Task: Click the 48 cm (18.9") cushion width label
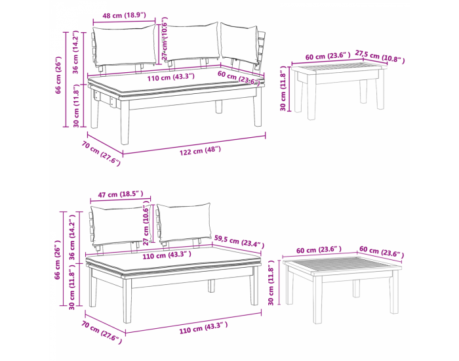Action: point(124,15)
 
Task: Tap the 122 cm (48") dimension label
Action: point(200,150)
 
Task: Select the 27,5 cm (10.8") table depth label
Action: point(380,56)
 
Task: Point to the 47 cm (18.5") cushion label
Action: point(120,194)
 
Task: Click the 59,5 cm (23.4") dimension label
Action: point(239,242)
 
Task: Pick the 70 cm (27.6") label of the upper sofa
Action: point(101,154)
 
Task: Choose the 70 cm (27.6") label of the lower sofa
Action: point(101,332)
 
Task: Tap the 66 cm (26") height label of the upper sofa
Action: point(58,75)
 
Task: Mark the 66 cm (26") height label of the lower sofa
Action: point(58,260)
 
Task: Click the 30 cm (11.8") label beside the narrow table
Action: point(283,88)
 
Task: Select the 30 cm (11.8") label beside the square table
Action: point(271,283)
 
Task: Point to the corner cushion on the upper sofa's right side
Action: point(239,43)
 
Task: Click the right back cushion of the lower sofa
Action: point(184,223)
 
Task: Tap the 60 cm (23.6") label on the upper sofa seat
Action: point(239,78)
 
